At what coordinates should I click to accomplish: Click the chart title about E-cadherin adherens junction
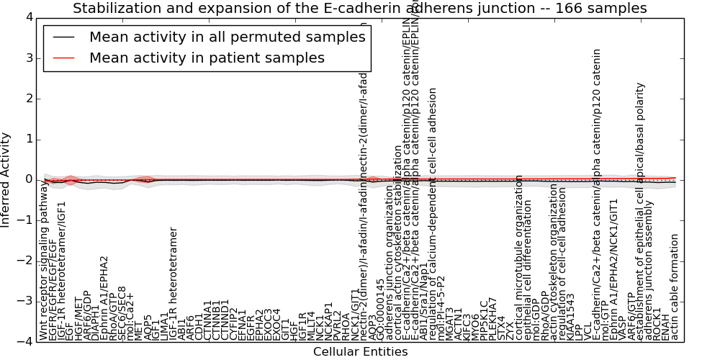pyautogui.click(x=359, y=8)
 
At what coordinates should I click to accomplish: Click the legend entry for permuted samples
pyautogui.click(x=227, y=37)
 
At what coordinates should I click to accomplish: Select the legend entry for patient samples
pyautogui.click(x=207, y=58)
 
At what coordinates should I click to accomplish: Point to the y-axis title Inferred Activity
pyautogui.click(x=6, y=180)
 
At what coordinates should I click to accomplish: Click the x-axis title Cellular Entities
pyautogui.click(x=360, y=352)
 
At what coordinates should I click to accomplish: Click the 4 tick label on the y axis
pyautogui.click(x=29, y=17)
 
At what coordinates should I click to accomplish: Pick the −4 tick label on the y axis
pyautogui.click(x=26, y=342)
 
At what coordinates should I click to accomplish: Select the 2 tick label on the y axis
pyautogui.click(x=29, y=98)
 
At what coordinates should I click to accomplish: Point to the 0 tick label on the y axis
pyautogui.click(x=29, y=179)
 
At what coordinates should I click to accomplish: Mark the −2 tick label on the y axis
pyautogui.click(x=26, y=261)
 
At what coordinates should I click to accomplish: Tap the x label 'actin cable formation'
pyautogui.click(x=675, y=287)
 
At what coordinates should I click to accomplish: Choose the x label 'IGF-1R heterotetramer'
pyautogui.click(x=174, y=284)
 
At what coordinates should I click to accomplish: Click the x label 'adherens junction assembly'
pyautogui.click(x=649, y=274)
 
